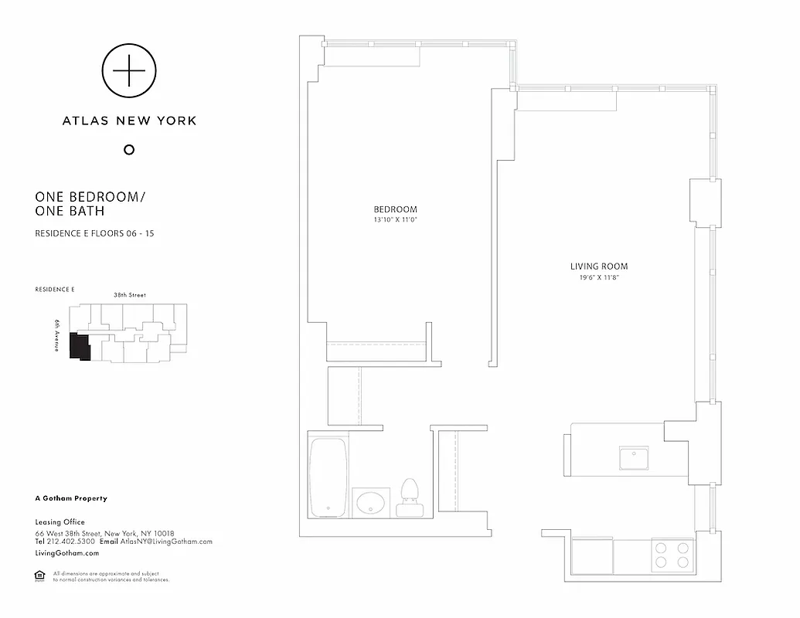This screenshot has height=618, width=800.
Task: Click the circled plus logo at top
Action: click(128, 71)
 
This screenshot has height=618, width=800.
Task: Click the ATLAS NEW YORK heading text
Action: click(129, 121)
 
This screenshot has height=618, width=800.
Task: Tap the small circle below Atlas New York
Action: click(129, 149)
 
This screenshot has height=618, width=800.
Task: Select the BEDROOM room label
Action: click(395, 209)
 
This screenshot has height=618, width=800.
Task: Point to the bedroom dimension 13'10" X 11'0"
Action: click(395, 220)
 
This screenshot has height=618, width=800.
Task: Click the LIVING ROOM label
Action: click(599, 267)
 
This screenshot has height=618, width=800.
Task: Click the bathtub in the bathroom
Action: click(329, 477)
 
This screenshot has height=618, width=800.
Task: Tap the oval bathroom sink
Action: click(371, 503)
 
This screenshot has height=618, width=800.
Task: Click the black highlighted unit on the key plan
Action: click(79, 346)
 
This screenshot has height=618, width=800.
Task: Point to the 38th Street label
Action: click(129, 295)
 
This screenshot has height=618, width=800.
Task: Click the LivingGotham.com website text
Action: click(67, 553)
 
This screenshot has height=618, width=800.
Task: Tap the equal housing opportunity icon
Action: click(39, 576)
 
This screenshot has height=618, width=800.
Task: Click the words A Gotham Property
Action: click(71, 498)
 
